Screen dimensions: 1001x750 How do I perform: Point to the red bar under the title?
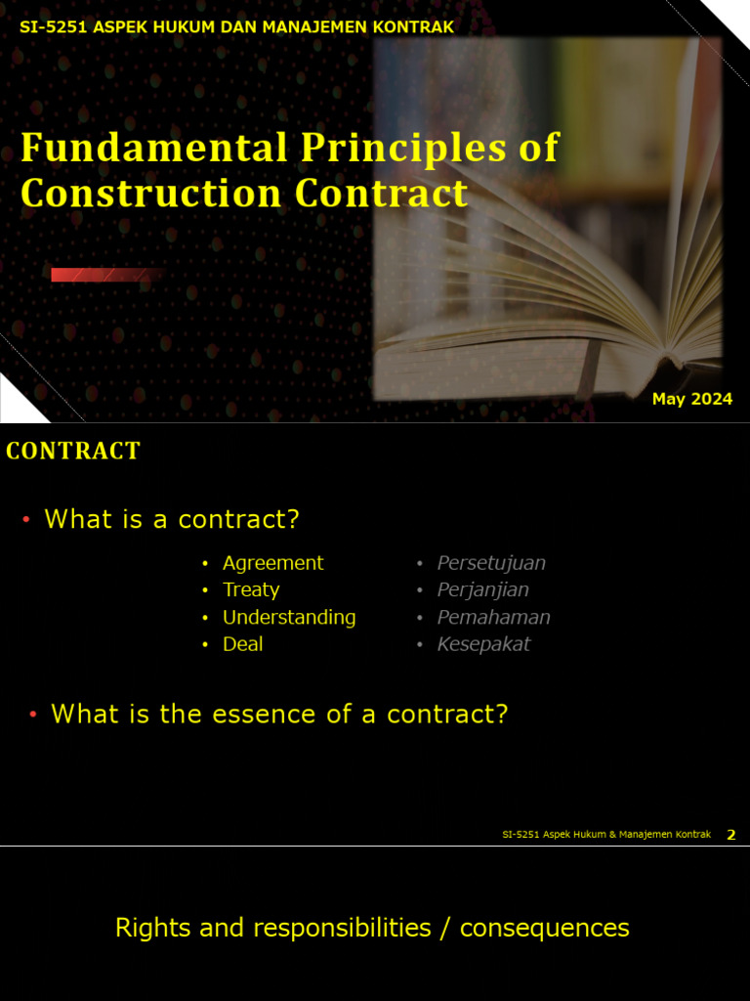tap(104, 275)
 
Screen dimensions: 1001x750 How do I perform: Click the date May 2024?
tap(691, 399)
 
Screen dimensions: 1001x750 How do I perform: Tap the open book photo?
tap(547, 225)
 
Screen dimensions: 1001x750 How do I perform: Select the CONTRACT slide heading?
tap(73, 451)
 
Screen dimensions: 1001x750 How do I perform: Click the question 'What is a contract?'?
tap(172, 519)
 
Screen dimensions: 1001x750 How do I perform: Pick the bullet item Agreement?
tap(272, 563)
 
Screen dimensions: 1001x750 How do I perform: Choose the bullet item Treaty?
tap(251, 589)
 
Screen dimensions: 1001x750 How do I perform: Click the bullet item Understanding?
tap(289, 617)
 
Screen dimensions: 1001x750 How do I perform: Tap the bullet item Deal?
tap(242, 644)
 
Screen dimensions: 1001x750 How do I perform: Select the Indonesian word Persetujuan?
tap(491, 563)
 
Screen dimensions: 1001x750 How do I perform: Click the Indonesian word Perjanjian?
tap(482, 589)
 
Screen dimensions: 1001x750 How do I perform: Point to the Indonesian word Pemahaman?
tap(493, 617)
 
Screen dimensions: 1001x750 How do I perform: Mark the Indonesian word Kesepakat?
tap(483, 644)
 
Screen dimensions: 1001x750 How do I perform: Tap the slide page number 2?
tap(731, 835)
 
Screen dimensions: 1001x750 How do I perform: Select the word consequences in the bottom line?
tap(544, 928)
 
